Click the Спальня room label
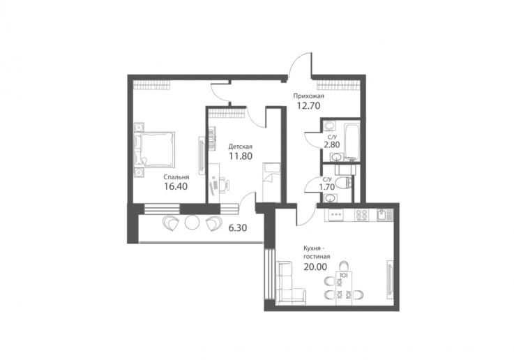coord(176,177)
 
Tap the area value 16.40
coord(176,186)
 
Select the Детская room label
coord(241,147)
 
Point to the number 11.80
coord(241,156)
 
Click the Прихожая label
coord(308,96)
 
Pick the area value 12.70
coord(308,105)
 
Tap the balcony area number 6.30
coord(238,227)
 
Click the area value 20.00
coord(315,267)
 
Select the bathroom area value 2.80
coord(332,144)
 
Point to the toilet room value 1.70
coord(327,187)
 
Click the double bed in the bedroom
coord(154,149)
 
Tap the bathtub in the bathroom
coord(352,142)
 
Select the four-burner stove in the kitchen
coord(362,215)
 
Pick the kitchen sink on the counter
coord(383,215)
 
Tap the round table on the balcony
coord(192,223)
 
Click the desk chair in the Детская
coord(225,184)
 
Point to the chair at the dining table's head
coord(344,265)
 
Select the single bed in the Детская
coord(272,183)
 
